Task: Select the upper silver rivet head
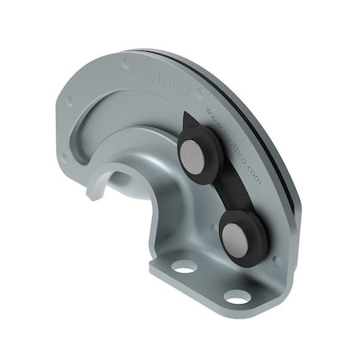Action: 194,157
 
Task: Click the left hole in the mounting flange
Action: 185,266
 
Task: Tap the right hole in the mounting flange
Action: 236,296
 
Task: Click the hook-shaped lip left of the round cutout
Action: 94,191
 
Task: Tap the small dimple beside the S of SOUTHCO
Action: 125,61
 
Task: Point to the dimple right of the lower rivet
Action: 276,259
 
